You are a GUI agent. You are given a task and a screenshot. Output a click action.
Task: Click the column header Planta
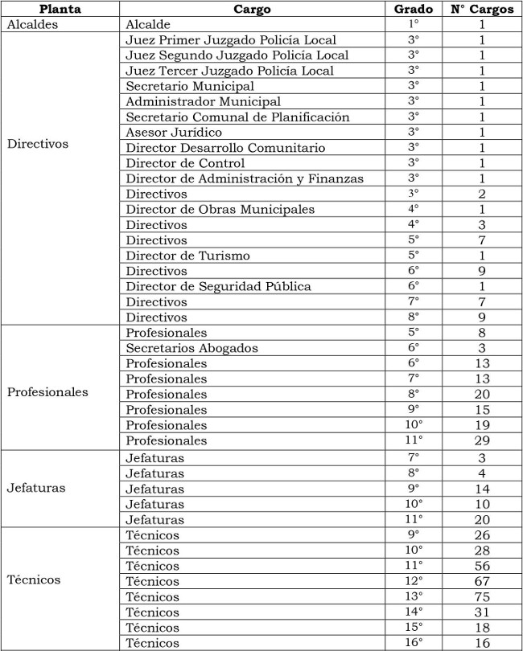pyautogui.click(x=60, y=9)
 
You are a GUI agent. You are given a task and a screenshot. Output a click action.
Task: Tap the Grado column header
pyautogui.click(x=414, y=9)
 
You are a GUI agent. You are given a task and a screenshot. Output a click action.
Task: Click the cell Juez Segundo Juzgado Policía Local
pyautogui.click(x=237, y=55)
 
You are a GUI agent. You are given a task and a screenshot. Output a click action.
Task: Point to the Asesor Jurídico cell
pyautogui.click(x=174, y=132)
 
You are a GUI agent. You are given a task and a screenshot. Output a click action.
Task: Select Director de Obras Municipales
pyautogui.click(x=220, y=209)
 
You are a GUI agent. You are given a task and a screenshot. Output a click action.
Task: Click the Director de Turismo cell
pyautogui.click(x=187, y=256)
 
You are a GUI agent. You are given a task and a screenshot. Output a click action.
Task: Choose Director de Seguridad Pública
pyautogui.click(x=218, y=286)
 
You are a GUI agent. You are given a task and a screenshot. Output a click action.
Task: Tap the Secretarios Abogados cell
pyautogui.click(x=191, y=348)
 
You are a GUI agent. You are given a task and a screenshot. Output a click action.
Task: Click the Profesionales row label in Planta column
pyautogui.click(x=47, y=393)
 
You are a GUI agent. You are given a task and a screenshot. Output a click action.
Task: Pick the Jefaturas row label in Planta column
pyautogui.click(x=36, y=488)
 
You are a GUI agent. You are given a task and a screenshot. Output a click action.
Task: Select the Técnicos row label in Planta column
pyautogui.click(x=33, y=579)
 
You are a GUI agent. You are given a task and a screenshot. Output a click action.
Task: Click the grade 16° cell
pyautogui.click(x=414, y=642)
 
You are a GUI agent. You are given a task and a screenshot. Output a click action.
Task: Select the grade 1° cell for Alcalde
pyautogui.click(x=414, y=25)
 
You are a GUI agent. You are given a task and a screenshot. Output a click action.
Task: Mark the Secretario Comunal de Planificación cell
pyautogui.click(x=237, y=117)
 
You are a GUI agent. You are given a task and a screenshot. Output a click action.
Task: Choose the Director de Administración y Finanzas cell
pyautogui.click(x=245, y=178)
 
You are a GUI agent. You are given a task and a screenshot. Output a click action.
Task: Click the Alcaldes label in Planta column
pyautogui.click(x=34, y=25)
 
